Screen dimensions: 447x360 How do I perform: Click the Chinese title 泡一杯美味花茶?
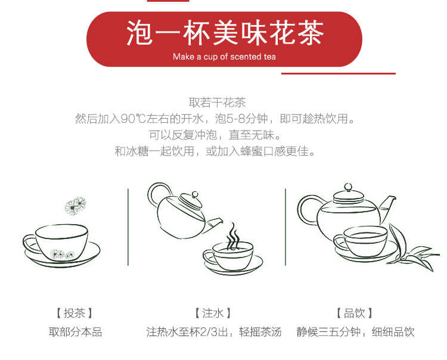point(225,33)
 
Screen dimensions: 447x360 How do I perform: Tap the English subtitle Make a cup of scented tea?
point(224,57)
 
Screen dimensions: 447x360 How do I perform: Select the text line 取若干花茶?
point(217,103)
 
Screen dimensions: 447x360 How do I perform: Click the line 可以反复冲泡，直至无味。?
point(215,135)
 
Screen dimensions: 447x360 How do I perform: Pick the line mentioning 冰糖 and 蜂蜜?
point(215,151)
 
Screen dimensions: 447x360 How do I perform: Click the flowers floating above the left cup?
point(75,206)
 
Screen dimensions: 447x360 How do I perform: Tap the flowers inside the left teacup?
point(62,255)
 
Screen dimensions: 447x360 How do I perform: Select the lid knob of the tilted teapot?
point(195,195)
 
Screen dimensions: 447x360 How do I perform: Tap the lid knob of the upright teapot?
point(348,187)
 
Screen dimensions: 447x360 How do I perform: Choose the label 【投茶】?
point(74,313)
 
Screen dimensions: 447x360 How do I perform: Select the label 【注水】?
point(213,313)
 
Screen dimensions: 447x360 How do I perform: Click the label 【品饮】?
point(355,313)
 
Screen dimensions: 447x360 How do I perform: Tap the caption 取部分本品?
point(75,332)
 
